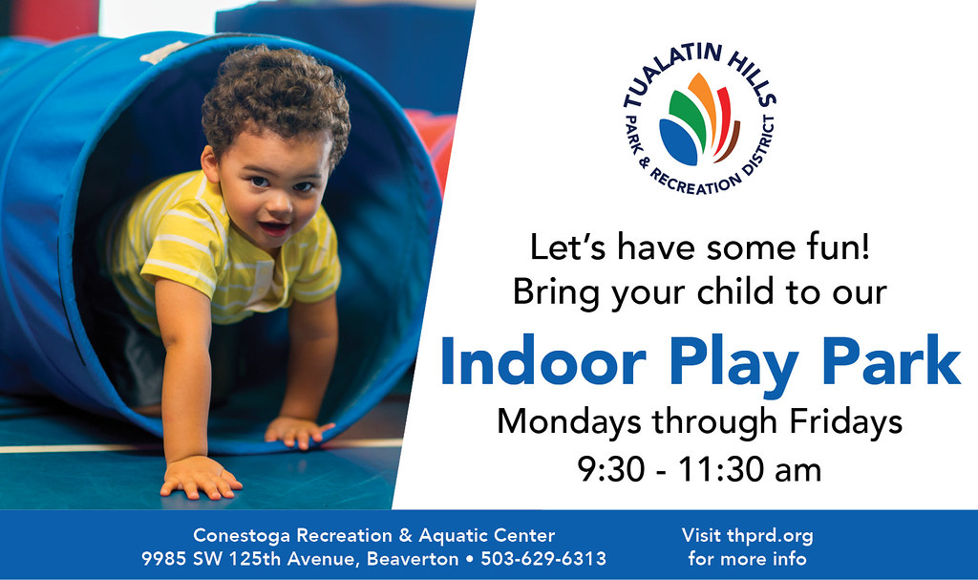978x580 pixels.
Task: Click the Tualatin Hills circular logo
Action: (x=700, y=118)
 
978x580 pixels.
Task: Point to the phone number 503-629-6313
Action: (x=542, y=559)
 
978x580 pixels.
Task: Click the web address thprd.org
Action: (x=769, y=536)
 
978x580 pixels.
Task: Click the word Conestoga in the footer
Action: (x=239, y=536)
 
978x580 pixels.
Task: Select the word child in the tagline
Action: (x=707, y=291)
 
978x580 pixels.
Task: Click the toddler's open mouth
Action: (x=273, y=228)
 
